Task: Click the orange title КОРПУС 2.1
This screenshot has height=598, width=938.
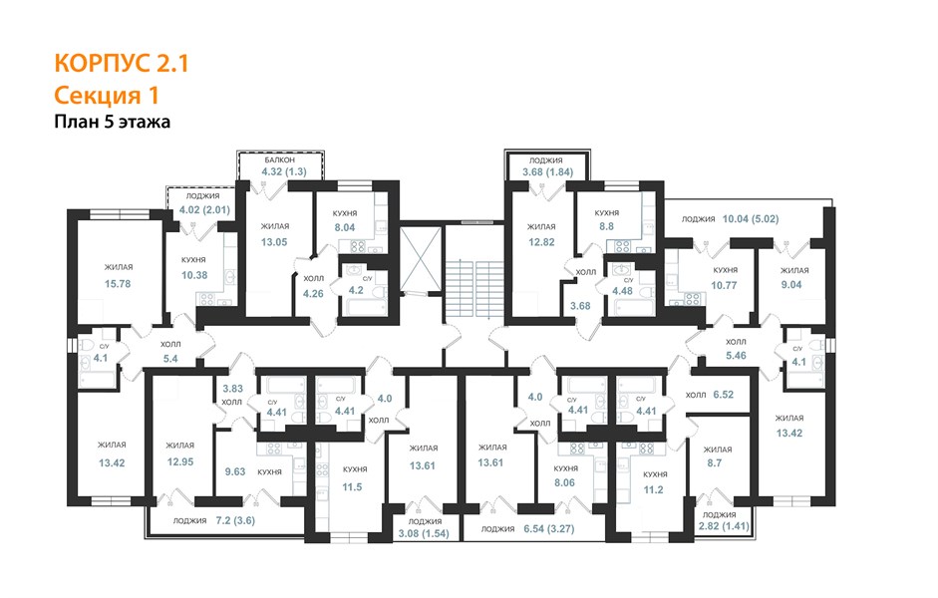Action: click(x=122, y=64)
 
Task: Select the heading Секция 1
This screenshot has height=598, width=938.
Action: click(x=107, y=96)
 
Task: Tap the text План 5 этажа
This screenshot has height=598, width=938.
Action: click(x=113, y=122)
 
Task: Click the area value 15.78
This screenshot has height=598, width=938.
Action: click(x=118, y=284)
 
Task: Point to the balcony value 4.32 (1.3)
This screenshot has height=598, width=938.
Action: click(x=284, y=171)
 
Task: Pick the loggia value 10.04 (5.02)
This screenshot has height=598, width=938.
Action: click(x=751, y=219)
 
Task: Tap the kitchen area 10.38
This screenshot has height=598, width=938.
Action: click(x=194, y=276)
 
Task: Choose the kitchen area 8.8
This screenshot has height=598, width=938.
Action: click(x=607, y=226)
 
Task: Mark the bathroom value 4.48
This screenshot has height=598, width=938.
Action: click(x=622, y=291)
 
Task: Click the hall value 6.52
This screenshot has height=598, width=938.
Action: click(x=724, y=395)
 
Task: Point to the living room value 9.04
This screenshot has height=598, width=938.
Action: click(x=791, y=285)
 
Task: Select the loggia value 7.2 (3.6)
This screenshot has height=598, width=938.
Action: click(x=235, y=520)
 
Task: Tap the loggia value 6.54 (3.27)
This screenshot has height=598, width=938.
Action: click(x=549, y=528)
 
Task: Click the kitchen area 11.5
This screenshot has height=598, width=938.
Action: click(x=352, y=487)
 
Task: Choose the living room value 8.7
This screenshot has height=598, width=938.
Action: click(x=715, y=462)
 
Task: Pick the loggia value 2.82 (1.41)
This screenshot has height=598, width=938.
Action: click(x=724, y=526)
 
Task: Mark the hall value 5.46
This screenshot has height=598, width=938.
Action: click(x=736, y=355)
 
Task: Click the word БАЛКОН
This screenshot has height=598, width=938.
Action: click(x=280, y=160)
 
